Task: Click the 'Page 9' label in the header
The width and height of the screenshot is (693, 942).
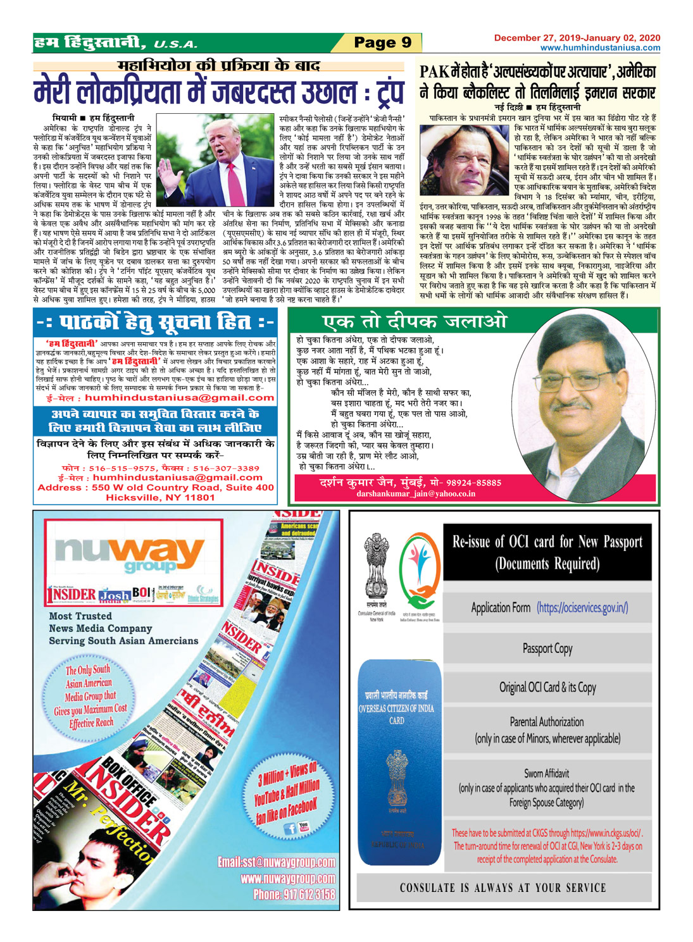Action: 382,42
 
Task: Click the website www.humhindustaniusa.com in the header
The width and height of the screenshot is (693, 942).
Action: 600,47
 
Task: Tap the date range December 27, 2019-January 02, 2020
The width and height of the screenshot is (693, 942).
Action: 577,38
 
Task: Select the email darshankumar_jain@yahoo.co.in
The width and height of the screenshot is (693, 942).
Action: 416,493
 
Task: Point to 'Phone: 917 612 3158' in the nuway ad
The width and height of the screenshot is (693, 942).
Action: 294,894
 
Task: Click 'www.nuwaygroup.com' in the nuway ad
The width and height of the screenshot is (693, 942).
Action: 288,878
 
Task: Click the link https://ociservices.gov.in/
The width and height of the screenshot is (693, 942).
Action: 582,608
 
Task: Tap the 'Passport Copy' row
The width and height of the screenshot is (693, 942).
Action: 547,648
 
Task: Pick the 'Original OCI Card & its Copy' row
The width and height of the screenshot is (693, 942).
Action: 547,687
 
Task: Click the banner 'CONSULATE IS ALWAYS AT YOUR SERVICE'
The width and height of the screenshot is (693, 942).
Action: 503,888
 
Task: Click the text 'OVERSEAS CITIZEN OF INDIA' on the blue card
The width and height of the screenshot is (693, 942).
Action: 396,709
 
